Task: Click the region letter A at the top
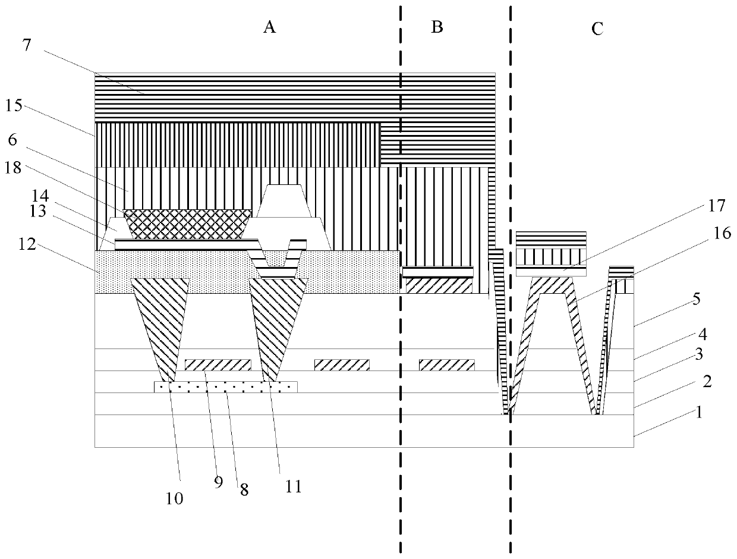pyautogui.click(x=270, y=27)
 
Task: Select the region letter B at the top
pyautogui.click(x=437, y=27)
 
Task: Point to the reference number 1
pyautogui.click(x=700, y=412)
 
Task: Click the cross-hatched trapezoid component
pyautogui.click(x=188, y=224)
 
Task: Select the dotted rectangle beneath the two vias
pyautogui.click(x=225, y=387)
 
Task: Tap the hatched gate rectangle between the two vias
pyautogui.click(x=218, y=365)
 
